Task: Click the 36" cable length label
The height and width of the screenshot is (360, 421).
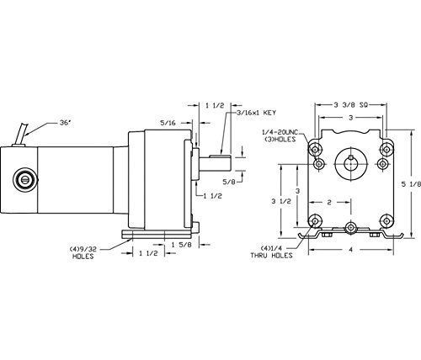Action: (65, 123)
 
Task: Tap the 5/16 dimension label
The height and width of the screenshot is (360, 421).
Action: (168, 123)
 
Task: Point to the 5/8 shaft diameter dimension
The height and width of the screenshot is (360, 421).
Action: (229, 182)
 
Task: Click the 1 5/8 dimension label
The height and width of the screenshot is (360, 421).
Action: (182, 245)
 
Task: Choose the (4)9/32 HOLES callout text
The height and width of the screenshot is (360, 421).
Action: (83, 252)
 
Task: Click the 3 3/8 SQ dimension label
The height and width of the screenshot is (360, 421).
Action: (351, 105)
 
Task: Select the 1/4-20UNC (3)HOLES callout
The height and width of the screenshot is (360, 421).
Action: (280, 135)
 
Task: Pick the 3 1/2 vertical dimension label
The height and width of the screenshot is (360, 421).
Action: (281, 201)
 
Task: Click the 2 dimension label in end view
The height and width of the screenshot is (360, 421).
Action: (329, 202)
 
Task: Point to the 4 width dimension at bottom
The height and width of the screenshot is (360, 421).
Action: (351, 250)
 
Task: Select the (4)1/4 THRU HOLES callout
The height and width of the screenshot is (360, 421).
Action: (271, 251)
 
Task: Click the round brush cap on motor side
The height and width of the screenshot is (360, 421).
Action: (25, 180)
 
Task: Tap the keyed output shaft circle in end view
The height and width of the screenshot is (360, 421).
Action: (351, 163)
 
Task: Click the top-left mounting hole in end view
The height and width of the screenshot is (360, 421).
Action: (315, 149)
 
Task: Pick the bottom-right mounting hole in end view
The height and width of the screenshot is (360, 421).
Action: (387, 221)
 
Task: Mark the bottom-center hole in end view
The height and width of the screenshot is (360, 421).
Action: (351, 228)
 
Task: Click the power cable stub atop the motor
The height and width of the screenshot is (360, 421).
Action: (23, 134)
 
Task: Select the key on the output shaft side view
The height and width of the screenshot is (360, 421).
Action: (220, 155)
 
